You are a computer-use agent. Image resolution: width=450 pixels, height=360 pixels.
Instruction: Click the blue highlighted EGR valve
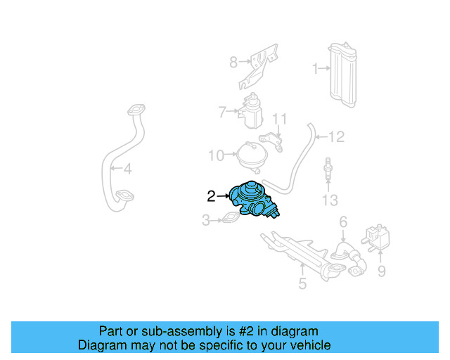(x=255, y=200)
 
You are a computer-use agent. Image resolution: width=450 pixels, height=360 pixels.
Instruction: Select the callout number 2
(x=211, y=196)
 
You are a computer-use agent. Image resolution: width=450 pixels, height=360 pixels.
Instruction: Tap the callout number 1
(x=316, y=68)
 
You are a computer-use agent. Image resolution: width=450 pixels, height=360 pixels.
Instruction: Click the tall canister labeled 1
(x=344, y=76)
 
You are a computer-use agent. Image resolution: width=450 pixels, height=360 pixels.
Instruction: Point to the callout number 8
(x=233, y=63)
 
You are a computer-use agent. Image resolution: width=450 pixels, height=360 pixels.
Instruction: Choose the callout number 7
(x=221, y=111)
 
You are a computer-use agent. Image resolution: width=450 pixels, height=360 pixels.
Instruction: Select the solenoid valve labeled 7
(x=251, y=112)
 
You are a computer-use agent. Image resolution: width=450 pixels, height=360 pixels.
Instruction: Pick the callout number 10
(x=216, y=155)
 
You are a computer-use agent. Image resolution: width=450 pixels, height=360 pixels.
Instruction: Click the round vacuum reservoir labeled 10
(x=251, y=155)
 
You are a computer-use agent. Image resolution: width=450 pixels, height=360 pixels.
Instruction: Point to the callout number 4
(x=127, y=169)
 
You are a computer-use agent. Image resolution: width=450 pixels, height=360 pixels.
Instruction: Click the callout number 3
(x=206, y=221)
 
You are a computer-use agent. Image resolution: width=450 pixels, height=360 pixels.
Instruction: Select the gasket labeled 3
(x=231, y=220)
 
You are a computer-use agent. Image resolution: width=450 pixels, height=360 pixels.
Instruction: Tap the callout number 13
(x=330, y=201)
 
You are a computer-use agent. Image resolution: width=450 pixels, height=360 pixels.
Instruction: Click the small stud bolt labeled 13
(x=328, y=172)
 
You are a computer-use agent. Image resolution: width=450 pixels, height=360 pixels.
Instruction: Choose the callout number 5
(x=302, y=284)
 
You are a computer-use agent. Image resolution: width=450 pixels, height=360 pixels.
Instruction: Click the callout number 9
(x=381, y=270)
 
